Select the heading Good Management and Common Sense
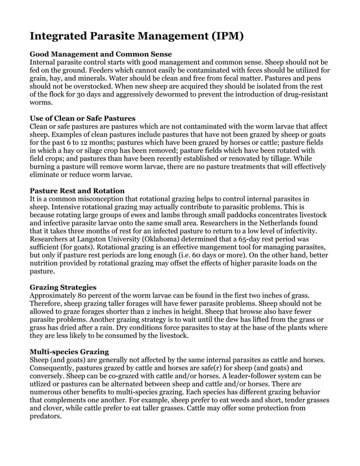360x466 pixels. click(x=96, y=54)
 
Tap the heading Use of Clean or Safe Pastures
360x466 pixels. click(x=82, y=118)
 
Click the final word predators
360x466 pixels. click(x=45, y=416)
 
